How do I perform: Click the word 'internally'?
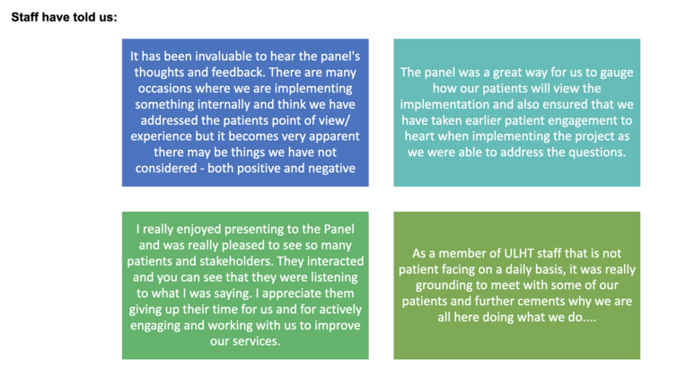[229, 104]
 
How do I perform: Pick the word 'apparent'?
[332, 136]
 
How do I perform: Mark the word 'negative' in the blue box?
[330, 168]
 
